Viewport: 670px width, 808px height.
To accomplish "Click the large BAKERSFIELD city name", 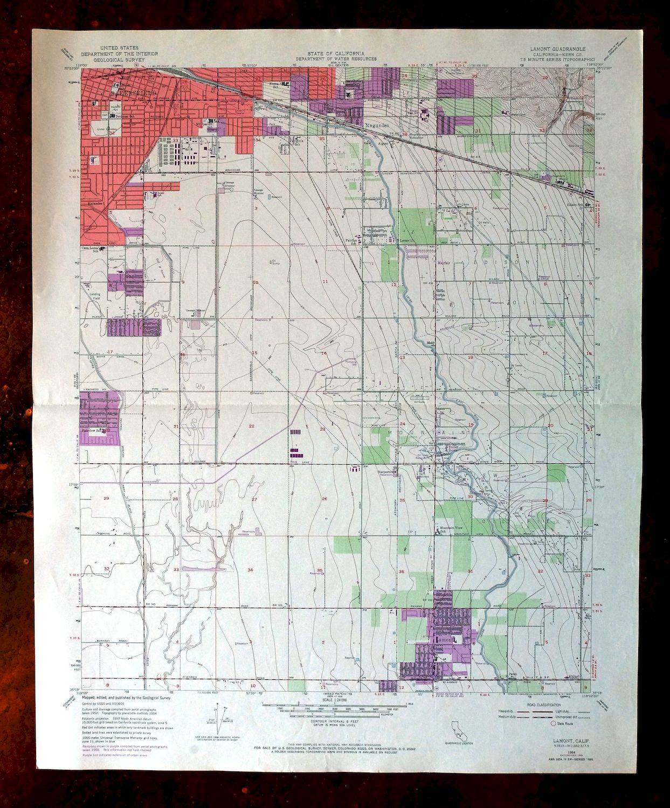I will coord(132,93).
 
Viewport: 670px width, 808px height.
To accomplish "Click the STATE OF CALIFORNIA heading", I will coord(335,53).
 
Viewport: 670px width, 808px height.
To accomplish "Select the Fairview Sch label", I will coord(93,430).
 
